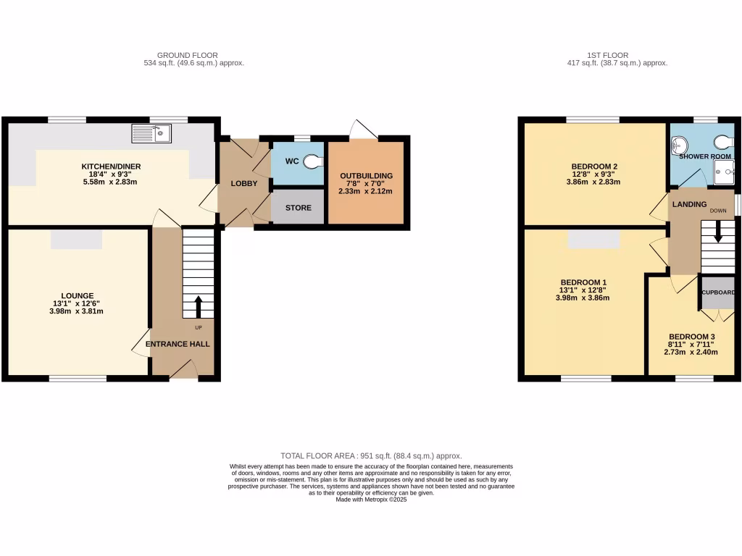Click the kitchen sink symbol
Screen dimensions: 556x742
tap(151, 133)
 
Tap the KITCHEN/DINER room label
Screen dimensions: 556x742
tap(111, 167)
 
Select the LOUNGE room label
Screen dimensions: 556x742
tap(77, 295)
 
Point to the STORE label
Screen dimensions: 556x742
tap(298, 208)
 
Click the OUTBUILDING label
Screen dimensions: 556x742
tap(366, 176)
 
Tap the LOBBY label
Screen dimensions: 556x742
tap(244, 184)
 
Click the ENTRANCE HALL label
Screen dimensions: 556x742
tap(178, 344)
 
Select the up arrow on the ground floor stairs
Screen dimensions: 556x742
tap(198, 306)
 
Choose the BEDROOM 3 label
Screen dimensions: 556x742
tap(691, 337)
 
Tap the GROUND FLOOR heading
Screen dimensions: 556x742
tap(187, 55)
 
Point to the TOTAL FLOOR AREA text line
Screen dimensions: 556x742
tap(370, 456)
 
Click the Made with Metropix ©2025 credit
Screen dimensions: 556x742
tap(371, 500)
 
